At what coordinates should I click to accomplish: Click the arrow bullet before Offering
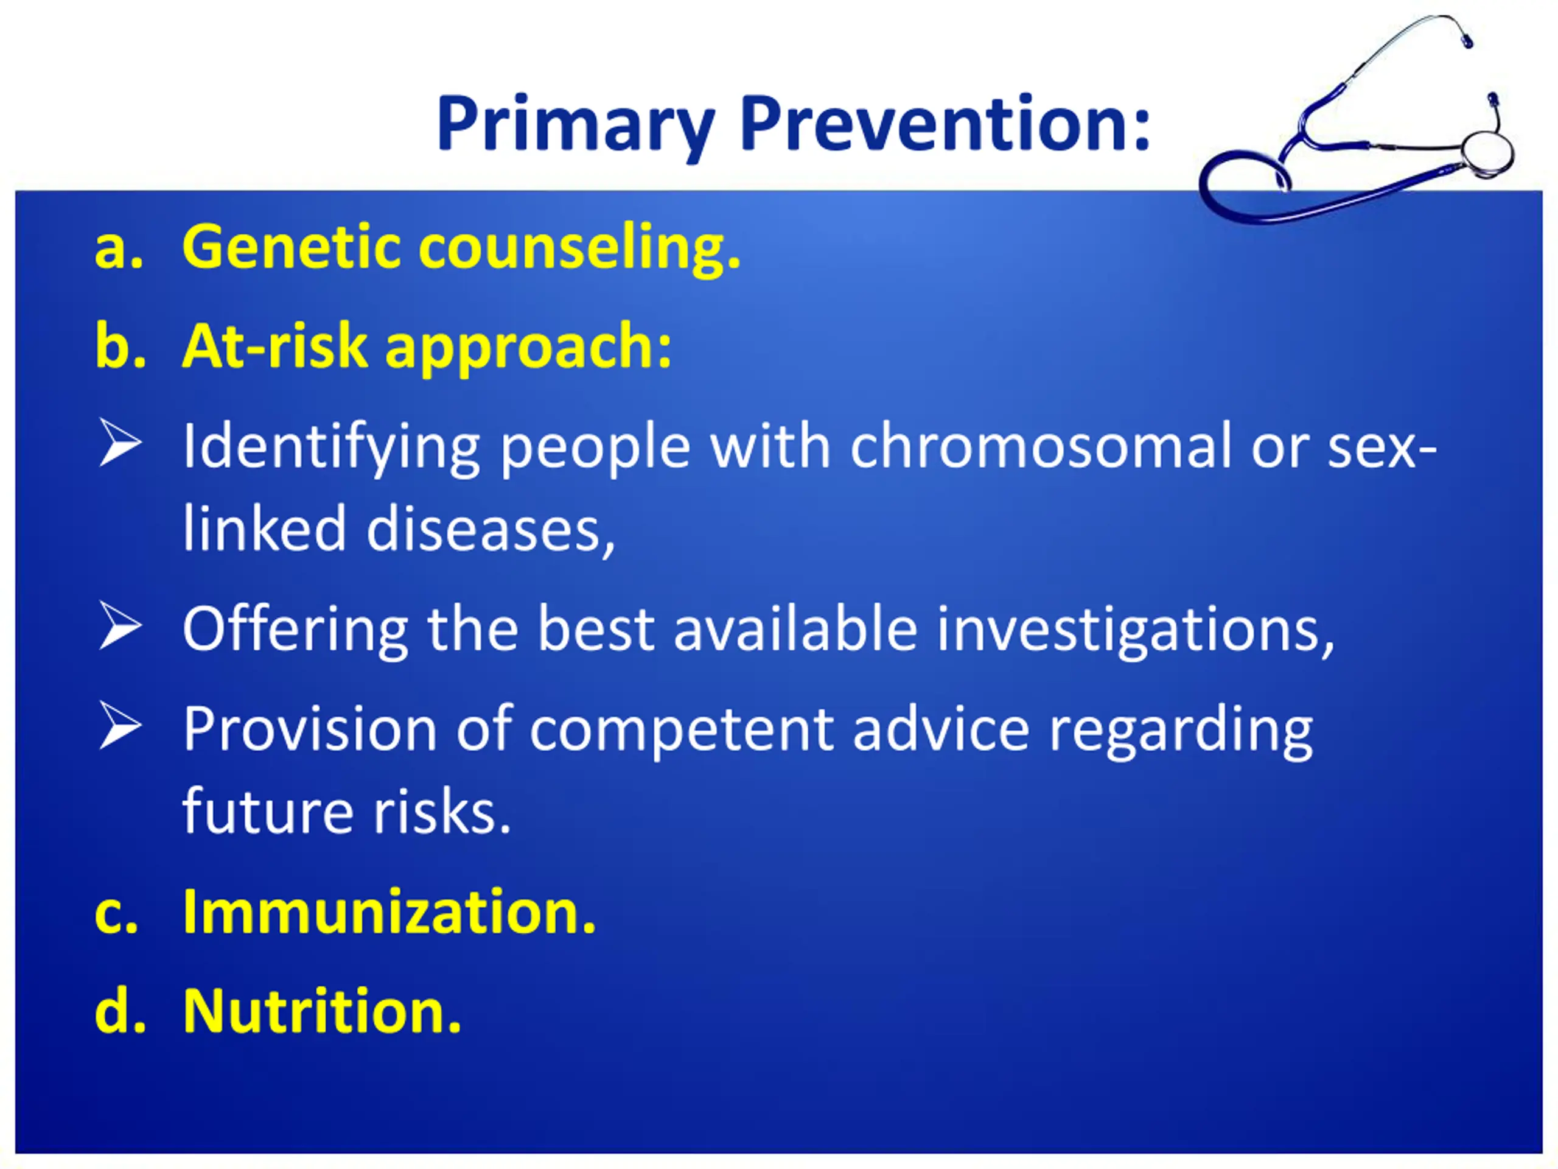pyautogui.click(x=120, y=625)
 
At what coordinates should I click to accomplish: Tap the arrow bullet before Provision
pyautogui.click(x=120, y=725)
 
